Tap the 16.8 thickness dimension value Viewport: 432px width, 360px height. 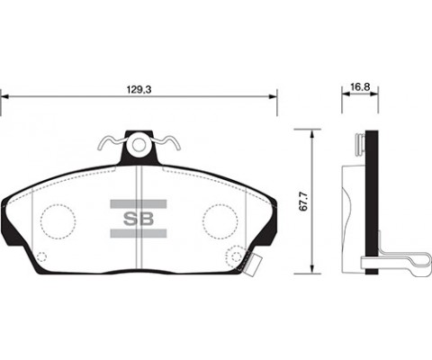coord(360,86)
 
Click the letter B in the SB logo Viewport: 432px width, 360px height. coord(145,216)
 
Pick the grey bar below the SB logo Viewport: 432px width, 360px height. coord(137,233)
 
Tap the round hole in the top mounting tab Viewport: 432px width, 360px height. coord(138,144)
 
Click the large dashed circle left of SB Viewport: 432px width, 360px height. coord(58,220)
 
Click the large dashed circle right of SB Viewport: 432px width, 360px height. coord(218,220)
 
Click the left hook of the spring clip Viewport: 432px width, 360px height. coord(107,142)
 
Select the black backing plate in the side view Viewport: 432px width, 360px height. coord(370,198)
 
